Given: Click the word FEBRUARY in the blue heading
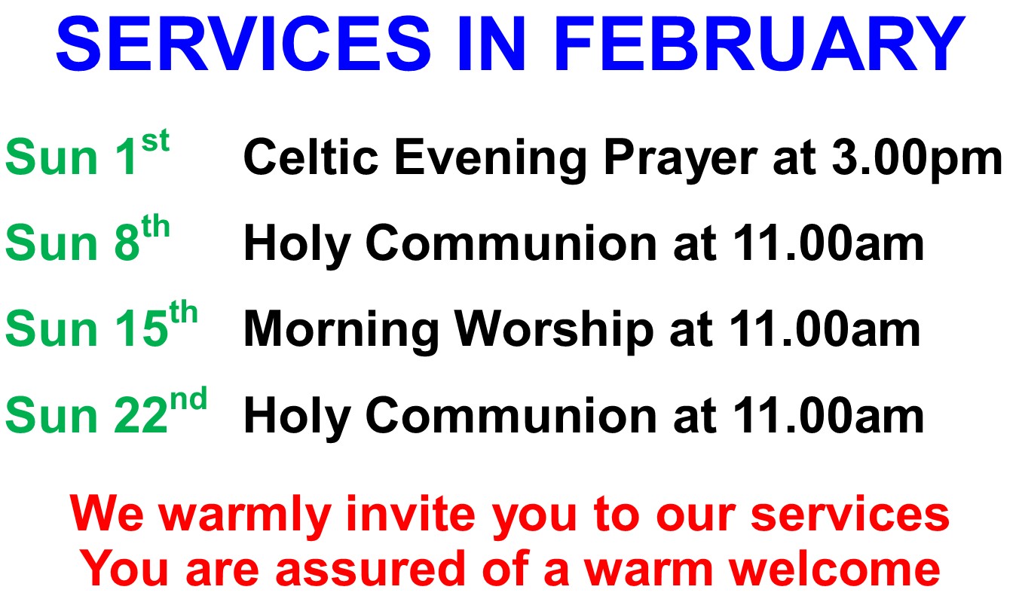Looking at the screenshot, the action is (x=759, y=44).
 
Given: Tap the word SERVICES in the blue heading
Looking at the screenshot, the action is (x=243, y=44).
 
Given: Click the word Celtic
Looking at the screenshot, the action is (x=311, y=157).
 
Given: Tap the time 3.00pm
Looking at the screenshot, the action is (x=917, y=159).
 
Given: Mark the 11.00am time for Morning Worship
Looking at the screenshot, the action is (x=825, y=328).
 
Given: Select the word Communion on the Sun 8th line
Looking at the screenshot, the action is (x=511, y=243).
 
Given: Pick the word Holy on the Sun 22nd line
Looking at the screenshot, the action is (x=297, y=418).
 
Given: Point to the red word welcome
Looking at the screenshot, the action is (x=835, y=568).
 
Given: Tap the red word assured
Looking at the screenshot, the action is (x=370, y=569).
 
